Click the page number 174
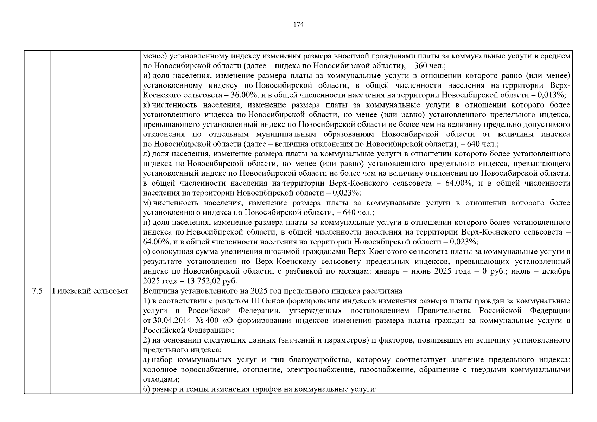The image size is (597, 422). pyautogui.click(x=298, y=24)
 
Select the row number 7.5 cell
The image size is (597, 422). pyautogui.click(x=37, y=291)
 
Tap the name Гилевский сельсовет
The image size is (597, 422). pyautogui.click(x=90, y=291)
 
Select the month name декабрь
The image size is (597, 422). pyautogui.click(x=557, y=271)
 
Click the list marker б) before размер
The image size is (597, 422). pyautogui.click(x=147, y=389)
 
